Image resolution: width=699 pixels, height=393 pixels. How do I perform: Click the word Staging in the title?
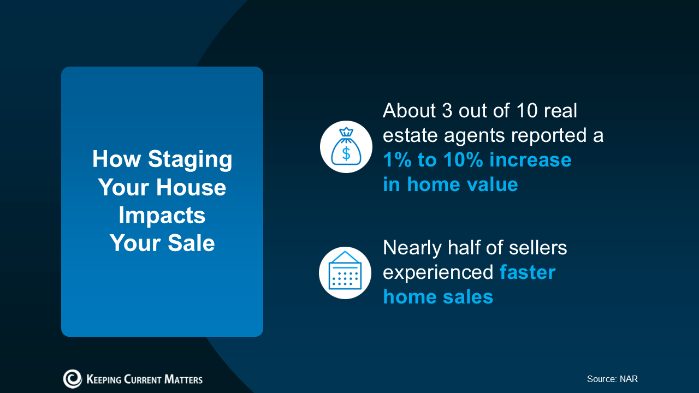pyautogui.click(x=190, y=160)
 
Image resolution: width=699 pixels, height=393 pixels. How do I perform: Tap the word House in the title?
pyautogui.click(x=191, y=187)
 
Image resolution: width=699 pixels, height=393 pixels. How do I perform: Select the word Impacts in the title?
pyautogui.click(x=162, y=216)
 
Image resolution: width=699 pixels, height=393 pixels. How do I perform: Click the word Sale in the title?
pyautogui.click(x=191, y=243)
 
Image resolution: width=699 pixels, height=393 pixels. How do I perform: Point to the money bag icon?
pyautogui.click(x=346, y=147)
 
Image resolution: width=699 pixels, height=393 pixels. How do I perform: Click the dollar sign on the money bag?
pyautogui.click(x=346, y=153)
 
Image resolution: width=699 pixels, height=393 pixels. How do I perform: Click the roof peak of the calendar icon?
pyautogui.click(x=345, y=252)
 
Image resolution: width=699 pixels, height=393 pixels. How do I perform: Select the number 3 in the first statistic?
pyautogui.click(x=447, y=110)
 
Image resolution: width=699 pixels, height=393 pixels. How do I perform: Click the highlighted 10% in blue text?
pyautogui.click(x=463, y=160)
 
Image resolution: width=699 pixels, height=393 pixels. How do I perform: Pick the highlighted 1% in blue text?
pyautogui.click(x=397, y=160)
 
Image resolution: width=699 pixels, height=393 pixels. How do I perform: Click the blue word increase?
pyautogui.click(x=530, y=160)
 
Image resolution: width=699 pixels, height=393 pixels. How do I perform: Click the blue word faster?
pyautogui.click(x=528, y=272)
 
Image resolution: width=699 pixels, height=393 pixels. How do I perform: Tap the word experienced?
pyautogui.click(x=438, y=273)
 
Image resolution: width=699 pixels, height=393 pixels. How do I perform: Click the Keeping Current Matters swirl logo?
pyautogui.click(x=73, y=379)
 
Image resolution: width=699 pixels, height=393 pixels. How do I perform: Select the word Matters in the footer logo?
pyautogui.click(x=183, y=379)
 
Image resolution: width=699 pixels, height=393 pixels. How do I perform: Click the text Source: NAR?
pyautogui.click(x=612, y=379)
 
